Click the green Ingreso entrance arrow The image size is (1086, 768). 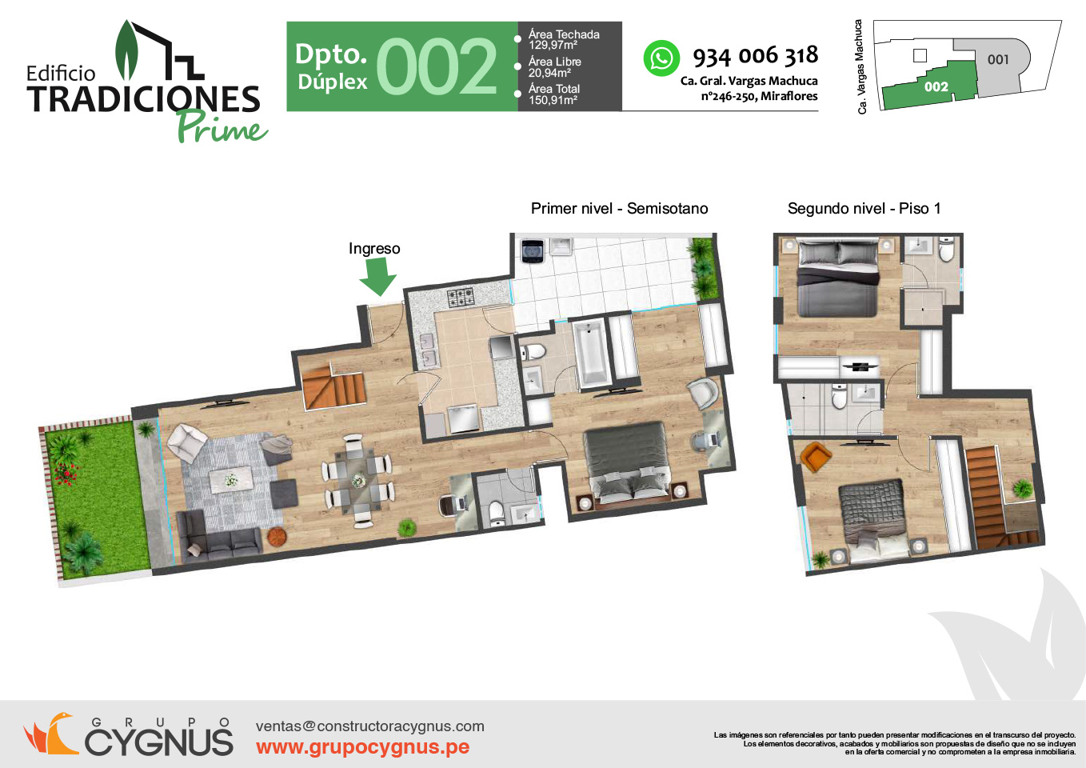378,276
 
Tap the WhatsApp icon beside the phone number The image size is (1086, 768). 661,58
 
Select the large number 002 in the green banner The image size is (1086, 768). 437,66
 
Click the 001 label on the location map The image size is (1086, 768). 998,60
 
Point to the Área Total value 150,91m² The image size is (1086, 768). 553,100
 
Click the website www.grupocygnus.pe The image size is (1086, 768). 362,747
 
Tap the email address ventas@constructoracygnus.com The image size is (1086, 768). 370,726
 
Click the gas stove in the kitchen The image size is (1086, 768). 460,298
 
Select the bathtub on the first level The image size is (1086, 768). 591,352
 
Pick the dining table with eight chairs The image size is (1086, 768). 357,482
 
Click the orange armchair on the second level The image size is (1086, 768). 816,456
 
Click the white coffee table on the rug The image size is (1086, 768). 231,479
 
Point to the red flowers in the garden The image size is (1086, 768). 66,474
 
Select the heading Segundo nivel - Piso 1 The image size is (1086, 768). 864,209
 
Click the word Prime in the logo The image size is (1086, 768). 222,127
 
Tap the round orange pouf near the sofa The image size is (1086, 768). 277,536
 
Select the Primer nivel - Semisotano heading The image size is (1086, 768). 619,209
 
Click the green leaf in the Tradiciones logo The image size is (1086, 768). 126,50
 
